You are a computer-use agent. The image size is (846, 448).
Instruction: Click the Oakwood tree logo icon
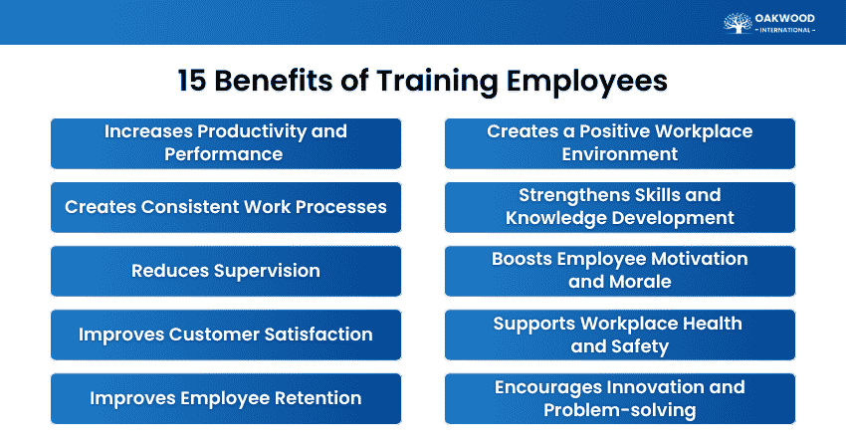(738, 23)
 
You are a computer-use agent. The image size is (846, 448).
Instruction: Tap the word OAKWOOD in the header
(784, 18)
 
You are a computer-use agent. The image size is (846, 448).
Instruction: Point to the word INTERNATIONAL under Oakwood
(785, 30)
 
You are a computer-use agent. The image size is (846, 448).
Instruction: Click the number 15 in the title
(191, 81)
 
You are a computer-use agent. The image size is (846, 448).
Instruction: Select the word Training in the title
(437, 82)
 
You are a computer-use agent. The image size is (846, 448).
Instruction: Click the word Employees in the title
(586, 82)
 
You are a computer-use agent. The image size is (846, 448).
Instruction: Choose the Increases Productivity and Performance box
(226, 143)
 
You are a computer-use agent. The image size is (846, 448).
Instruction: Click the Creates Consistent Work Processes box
(226, 207)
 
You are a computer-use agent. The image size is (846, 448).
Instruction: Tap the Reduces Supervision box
(226, 271)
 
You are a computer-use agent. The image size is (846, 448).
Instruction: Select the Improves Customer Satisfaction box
(226, 335)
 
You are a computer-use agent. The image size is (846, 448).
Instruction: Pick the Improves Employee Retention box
(226, 398)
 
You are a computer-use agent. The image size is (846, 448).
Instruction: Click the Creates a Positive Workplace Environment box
(619, 143)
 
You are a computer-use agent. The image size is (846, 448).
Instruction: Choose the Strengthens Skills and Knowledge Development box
(619, 207)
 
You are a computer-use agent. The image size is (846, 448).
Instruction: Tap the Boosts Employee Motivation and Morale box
(619, 271)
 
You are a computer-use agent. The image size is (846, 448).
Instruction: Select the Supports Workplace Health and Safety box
(619, 335)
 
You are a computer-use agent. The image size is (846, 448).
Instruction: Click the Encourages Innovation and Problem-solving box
(619, 398)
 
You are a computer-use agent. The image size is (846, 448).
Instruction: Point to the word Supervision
(267, 272)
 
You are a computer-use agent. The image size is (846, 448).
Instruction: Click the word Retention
(317, 398)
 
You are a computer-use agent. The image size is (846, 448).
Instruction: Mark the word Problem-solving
(619, 410)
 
